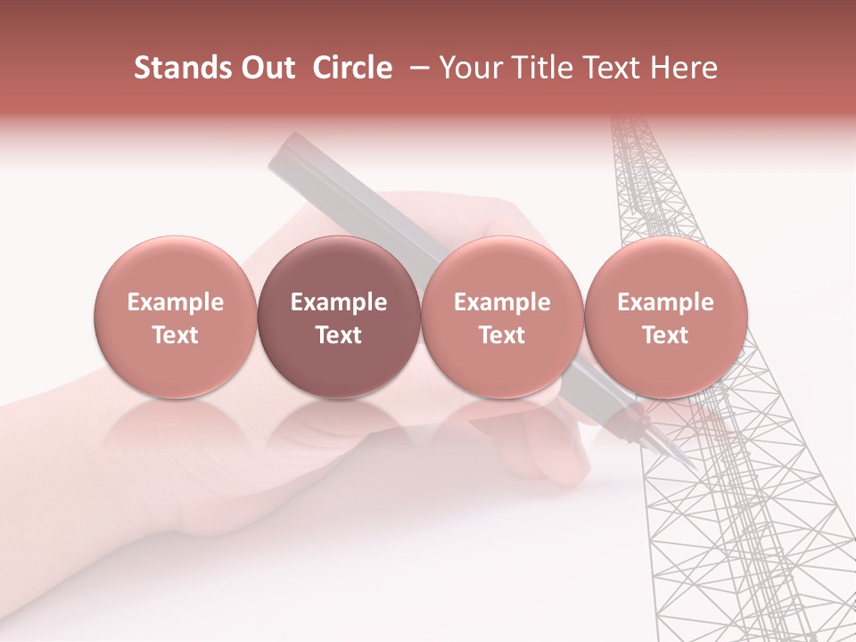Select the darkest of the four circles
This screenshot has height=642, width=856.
point(339,317)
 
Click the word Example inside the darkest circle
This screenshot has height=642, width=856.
point(339,302)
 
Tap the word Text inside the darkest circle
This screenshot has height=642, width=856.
point(339,335)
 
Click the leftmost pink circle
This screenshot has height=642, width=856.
point(176,317)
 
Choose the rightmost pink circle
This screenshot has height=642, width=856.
point(666,317)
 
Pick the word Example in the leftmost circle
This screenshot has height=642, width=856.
point(176,302)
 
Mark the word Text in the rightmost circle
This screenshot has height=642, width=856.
point(666,335)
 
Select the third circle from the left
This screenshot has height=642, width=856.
point(502,317)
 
